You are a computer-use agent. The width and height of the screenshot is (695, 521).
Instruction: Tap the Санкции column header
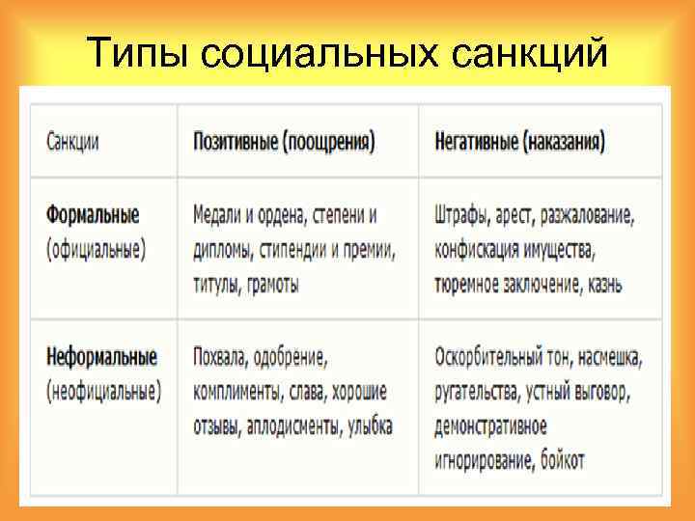point(72,142)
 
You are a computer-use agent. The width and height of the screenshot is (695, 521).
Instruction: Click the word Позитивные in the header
point(235,142)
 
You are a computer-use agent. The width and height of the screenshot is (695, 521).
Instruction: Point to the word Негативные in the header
point(476,142)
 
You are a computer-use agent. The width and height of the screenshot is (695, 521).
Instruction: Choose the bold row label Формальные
point(93,214)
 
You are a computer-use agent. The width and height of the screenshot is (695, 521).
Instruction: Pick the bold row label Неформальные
point(101,357)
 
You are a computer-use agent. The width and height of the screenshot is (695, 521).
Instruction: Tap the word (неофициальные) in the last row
point(103,392)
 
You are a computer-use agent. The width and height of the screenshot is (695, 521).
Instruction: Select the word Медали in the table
point(218,214)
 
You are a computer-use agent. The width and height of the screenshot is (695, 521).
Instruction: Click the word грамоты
point(271,285)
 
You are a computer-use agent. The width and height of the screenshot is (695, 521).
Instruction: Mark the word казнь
point(601,285)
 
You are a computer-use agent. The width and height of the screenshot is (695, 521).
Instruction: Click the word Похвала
point(220,358)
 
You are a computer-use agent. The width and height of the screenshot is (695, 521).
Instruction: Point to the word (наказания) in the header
point(565,142)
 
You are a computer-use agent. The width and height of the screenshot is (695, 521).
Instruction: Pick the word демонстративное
point(490,426)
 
